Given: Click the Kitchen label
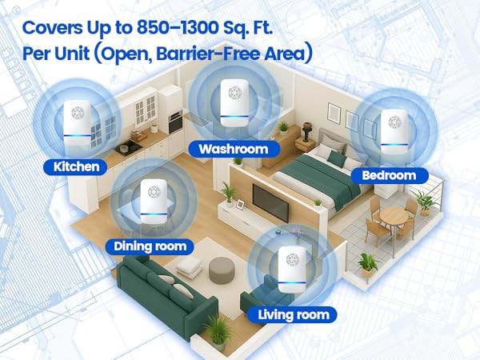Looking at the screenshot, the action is click(x=76, y=167).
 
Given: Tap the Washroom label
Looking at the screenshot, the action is click(x=234, y=150).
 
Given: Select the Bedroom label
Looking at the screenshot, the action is click(x=389, y=175).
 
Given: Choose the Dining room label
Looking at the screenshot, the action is click(x=150, y=246).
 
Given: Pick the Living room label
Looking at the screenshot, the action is click(x=293, y=314).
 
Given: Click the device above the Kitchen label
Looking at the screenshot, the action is click(x=77, y=123).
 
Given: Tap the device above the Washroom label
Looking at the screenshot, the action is click(x=234, y=103).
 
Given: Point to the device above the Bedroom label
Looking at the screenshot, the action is click(x=394, y=132).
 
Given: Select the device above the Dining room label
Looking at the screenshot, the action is click(x=154, y=202).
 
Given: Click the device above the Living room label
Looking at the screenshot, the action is click(x=292, y=269).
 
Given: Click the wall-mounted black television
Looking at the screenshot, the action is click(x=270, y=203).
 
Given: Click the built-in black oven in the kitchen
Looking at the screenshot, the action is click(x=175, y=122).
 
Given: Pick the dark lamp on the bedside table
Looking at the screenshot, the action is click(x=306, y=132).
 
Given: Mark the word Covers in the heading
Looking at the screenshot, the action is click(x=52, y=28).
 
